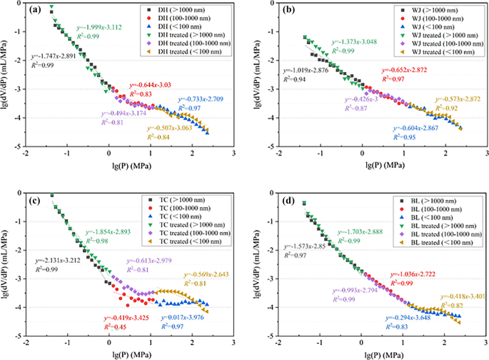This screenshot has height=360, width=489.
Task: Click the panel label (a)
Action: (x=36, y=10)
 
